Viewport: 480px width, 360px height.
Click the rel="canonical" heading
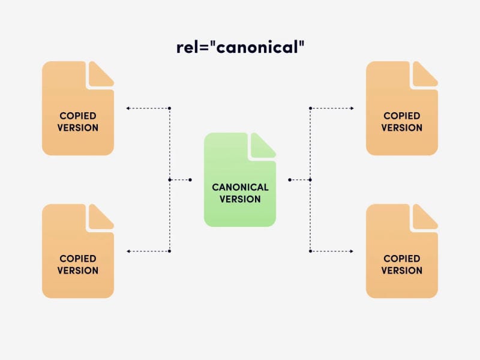click(240, 47)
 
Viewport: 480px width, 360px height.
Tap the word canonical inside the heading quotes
click(256, 47)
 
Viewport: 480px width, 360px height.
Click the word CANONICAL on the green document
click(240, 187)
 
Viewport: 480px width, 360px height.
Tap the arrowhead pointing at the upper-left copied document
click(128, 109)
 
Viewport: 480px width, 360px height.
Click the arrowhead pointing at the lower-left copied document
click(128, 251)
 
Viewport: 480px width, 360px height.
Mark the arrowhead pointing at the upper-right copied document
click(352, 109)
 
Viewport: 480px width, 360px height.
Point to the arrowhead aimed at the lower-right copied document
click(352, 251)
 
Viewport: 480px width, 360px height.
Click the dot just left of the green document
click(190, 179)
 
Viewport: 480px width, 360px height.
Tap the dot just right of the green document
click(289, 179)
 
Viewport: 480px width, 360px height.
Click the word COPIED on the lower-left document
click(78, 259)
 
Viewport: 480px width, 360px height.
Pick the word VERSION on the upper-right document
click(402, 128)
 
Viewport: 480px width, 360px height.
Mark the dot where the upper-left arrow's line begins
click(170, 109)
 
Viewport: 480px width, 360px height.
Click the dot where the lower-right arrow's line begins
click(310, 251)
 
